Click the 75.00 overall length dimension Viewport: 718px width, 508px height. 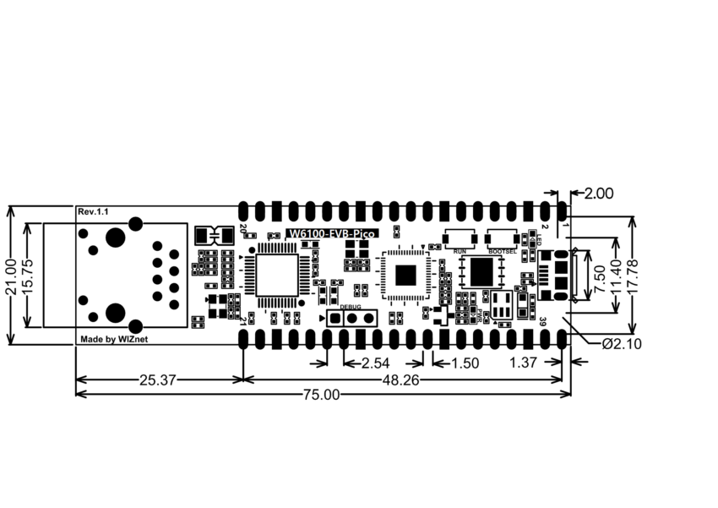[x=321, y=394]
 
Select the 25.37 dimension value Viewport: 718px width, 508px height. [x=157, y=380]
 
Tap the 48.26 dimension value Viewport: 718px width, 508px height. [x=400, y=380]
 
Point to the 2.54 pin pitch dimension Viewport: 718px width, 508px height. [x=375, y=363]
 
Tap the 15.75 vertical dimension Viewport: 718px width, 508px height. [x=30, y=275]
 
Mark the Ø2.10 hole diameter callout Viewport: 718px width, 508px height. [x=621, y=344]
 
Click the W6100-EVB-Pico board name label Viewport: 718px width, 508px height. [x=331, y=234]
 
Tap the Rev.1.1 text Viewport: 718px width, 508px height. [x=93, y=211]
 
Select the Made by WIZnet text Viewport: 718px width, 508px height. [x=115, y=339]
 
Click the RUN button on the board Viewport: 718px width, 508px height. [x=460, y=238]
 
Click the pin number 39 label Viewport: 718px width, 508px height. [x=544, y=320]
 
